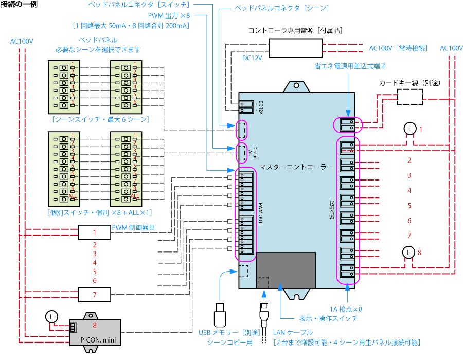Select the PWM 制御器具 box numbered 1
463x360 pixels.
(95, 232)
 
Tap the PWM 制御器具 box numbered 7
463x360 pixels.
(95, 294)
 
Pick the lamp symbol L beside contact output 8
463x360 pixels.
(407, 252)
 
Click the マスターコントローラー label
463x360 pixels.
(303, 167)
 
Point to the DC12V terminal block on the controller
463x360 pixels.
(246, 106)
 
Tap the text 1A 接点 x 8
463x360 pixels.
(346, 309)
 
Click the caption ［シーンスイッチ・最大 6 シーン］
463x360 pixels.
(101, 119)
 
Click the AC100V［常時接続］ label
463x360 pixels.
(398, 48)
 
